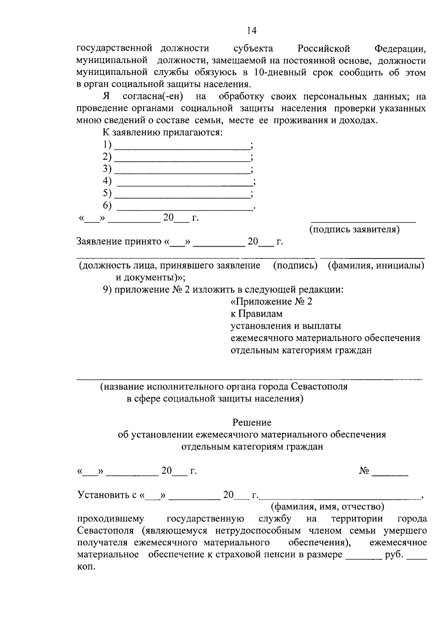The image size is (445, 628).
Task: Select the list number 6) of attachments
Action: [107, 205]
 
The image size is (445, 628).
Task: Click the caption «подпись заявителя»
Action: [355, 230]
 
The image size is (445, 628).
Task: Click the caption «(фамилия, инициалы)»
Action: [376, 265]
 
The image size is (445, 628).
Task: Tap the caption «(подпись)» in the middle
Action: [295, 265]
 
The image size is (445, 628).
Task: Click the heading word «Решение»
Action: [252, 422]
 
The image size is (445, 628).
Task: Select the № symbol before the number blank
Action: [364, 471]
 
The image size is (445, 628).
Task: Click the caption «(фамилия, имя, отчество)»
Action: [327, 506]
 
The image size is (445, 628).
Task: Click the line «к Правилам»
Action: [257, 314]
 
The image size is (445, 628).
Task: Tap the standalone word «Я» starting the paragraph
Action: [106, 97]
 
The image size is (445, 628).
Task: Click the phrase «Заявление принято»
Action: [119, 242]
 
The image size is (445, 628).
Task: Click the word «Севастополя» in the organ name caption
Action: [319, 387]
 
